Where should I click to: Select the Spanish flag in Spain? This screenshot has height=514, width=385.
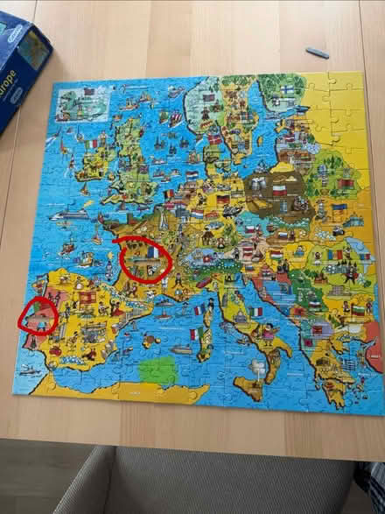[x=87, y=298]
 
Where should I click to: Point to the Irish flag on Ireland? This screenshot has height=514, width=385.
[x=91, y=144]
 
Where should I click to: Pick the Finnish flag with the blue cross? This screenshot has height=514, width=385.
[x=288, y=89]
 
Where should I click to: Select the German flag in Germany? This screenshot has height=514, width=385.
[x=223, y=200]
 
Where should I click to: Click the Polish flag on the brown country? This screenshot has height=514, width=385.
[x=279, y=189]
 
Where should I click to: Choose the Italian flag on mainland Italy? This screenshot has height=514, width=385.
[x=256, y=312]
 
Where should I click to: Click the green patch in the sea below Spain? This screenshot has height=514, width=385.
[x=157, y=370]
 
